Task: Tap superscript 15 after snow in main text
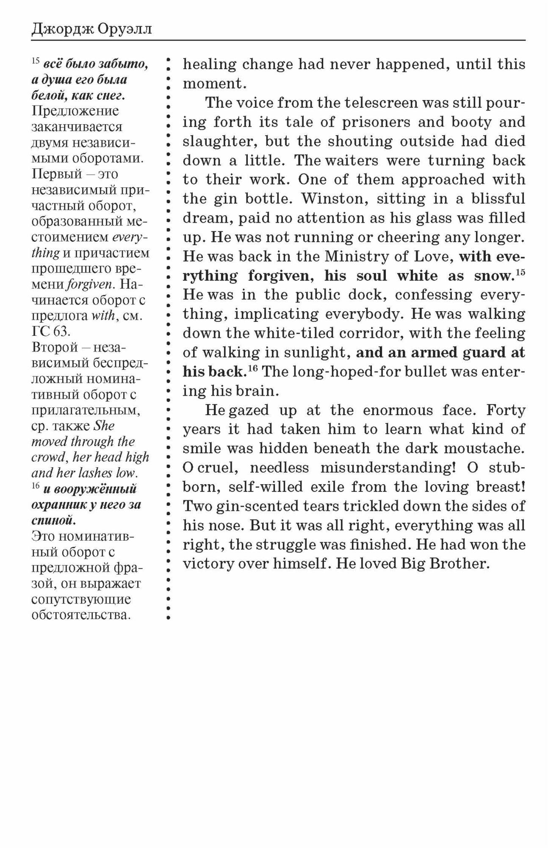520,272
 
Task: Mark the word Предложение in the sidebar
75,111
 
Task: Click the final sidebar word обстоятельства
80,615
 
